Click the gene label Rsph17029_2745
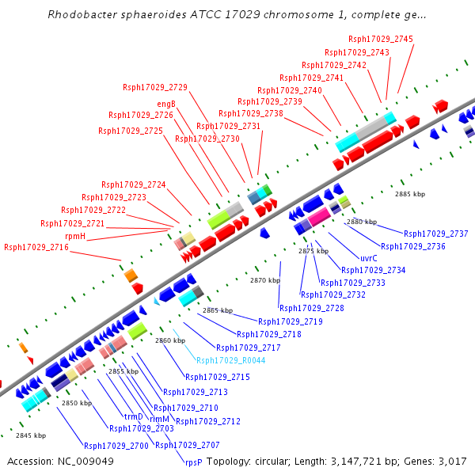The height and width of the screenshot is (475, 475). pyautogui.click(x=380, y=39)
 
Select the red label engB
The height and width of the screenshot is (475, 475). pyautogui.click(x=166, y=104)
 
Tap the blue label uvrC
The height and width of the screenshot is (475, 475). pyautogui.click(x=369, y=258)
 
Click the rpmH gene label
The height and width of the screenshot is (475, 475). pyautogui.click(x=75, y=236)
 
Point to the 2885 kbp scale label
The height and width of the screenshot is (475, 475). pyautogui.click(x=411, y=194)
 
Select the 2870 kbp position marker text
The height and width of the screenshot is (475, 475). pyautogui.click(x=265, y=280)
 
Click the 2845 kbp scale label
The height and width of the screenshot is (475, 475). pyautogui.click(x=31, y=435)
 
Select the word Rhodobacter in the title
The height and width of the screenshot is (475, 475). pyautogui.click(x=82, y=15)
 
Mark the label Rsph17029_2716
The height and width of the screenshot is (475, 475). pyautogui.click(x=36, y=248)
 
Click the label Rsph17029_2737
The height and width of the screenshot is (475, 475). pyautogui.click(x=435, y=234)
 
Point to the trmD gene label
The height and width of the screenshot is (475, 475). pyautogui.click(x=134, y=416)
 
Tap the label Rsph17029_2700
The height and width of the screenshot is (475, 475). pyautogui.click(x=116, y=446)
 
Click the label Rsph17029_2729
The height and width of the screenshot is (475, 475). pyautogui.click(x=155, y=87)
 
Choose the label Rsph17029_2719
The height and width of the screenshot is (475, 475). pyautogui.click(x=291, y=321)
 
